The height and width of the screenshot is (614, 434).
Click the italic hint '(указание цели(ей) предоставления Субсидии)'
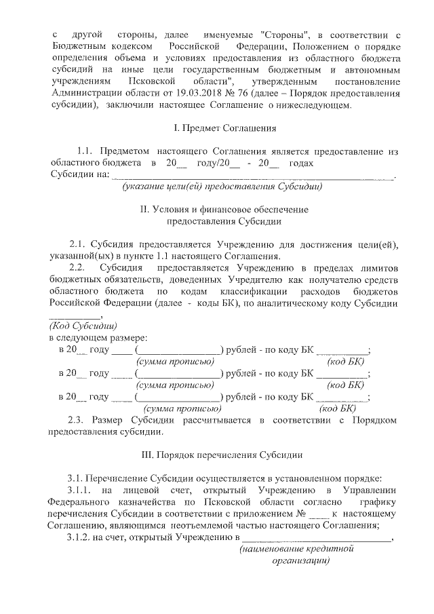click(221, 186)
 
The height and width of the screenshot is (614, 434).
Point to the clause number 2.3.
click(79, 420)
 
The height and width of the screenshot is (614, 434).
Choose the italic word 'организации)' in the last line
click(300, 561)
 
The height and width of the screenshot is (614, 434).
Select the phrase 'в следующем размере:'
click(99, 337)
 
